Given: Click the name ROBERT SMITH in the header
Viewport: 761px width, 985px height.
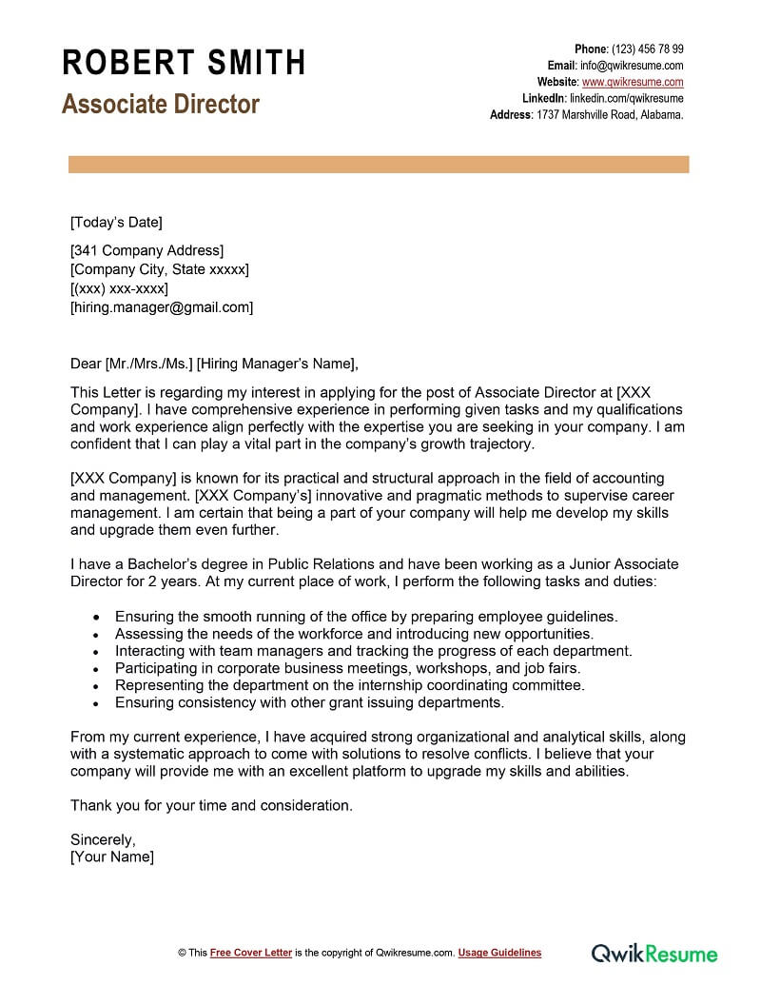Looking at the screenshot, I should click(x=184, y=63).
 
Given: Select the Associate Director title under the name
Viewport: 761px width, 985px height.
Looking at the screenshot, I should click(x=160, y=104).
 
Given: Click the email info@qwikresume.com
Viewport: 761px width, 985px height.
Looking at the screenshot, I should click(x=632, y=66).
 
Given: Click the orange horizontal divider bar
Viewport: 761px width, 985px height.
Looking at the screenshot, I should click(x=379, y=165).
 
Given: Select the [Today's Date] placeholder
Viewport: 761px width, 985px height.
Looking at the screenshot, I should click(x=116, y=223).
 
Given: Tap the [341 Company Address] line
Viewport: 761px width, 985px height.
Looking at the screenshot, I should click(x=146, y=251).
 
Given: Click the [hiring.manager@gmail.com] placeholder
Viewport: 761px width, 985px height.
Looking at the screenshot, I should click(x=162, y=307).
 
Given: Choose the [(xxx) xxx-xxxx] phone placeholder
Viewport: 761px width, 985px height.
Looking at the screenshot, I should click(x=119, y=288).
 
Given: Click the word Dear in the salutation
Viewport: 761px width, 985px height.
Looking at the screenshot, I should click(x=86, y=363).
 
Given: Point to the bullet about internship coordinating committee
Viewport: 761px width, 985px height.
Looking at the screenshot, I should click(x=349, y=685).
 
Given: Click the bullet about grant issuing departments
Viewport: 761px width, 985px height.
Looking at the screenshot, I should click(x=308, y=702).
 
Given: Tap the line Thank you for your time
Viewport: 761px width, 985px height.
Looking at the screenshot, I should click(x=211, y=805).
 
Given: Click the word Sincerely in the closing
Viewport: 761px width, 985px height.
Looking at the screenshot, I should click(x=103, y=839).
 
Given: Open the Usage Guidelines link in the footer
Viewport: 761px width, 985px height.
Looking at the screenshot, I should click(x=499, y=953).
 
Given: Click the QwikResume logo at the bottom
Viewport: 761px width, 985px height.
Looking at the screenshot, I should click(x=654, y=952).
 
